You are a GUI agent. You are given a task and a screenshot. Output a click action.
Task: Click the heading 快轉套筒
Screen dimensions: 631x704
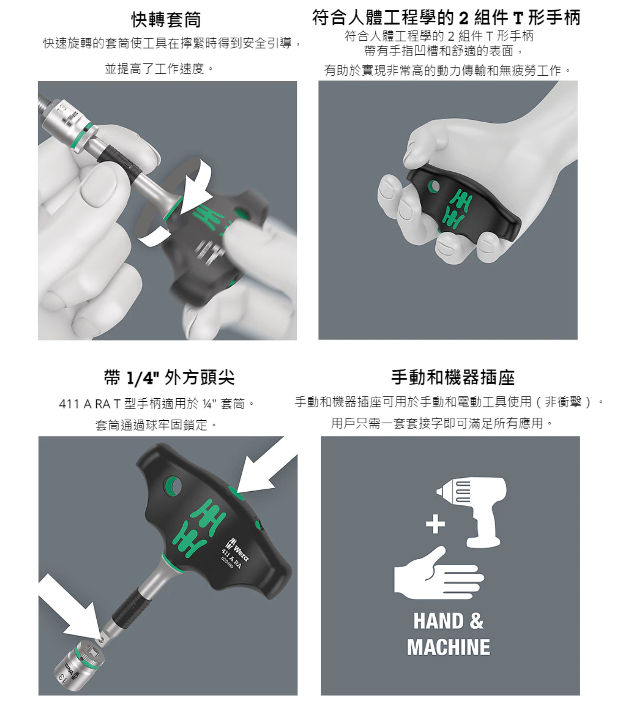166,20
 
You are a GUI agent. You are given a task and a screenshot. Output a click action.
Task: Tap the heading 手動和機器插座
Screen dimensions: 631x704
453,377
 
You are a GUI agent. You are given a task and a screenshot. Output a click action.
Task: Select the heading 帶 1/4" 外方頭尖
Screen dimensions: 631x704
169,377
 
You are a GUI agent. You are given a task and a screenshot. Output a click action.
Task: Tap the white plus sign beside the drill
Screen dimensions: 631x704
435,523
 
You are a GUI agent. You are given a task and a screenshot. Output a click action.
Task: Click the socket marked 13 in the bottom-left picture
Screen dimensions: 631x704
77,665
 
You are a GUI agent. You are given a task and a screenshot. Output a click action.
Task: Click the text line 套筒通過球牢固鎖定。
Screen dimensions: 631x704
157,425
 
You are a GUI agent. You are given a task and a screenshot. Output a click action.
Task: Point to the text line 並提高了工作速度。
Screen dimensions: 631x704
159,68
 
